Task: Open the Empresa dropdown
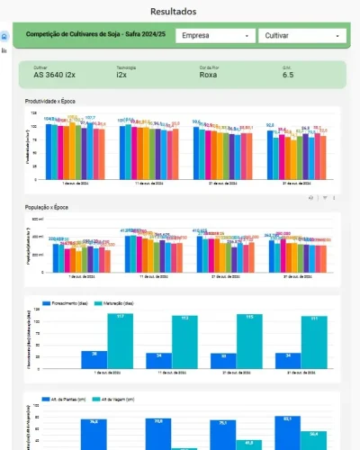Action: pyautogui.click(x=214, y=36)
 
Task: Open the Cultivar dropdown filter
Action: pyautogui.click(x=301, y=36)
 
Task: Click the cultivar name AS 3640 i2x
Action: pyautogui.click(x=54, y=76)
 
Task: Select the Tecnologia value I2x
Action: pyautogui.click(x=121, y=76)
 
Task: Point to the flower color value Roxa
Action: pyautogui.click(x=208, y=76)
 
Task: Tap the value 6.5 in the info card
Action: pyautogui.click(x=288, y=76)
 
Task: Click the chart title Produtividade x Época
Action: pyautogui.click(x=55, y=101)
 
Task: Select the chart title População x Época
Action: pyautogui.click(x=51, y=208)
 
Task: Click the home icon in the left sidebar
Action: pyautogui.click(x=4, y=36)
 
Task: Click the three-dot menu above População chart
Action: pyautogui.click(x=335, y=197)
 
